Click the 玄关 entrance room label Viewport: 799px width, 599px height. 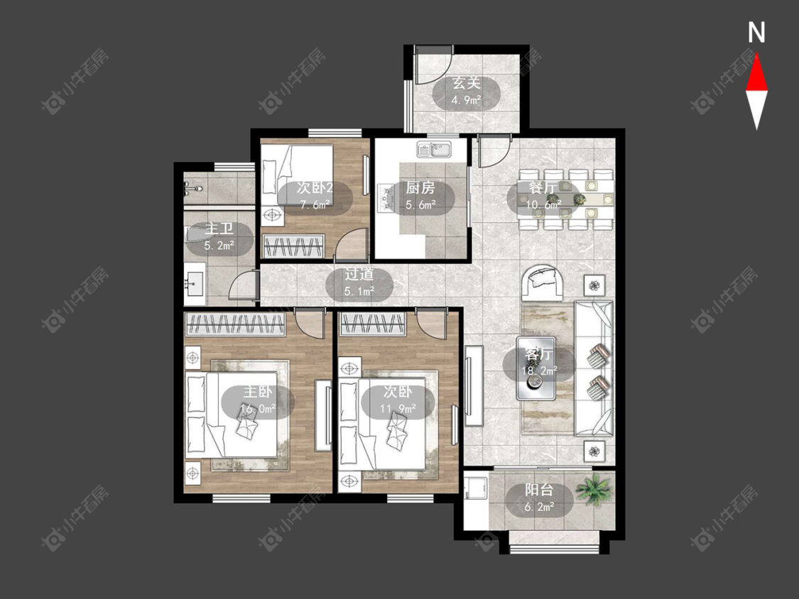pos(467,82)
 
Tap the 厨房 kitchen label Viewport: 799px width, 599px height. pos(420,188)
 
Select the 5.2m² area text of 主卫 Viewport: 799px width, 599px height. pos(219,246)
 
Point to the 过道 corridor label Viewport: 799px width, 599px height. pos(359,274)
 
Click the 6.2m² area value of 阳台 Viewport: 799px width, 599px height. pos(539,507)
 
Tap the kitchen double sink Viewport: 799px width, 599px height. pos(434,149)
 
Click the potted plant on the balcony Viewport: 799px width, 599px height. pos(593,490)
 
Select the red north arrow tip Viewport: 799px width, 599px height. pos(756,54)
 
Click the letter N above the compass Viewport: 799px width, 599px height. pos(756,33)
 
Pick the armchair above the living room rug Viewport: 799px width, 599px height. pos(543,283)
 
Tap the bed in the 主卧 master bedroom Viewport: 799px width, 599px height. pos(232,414)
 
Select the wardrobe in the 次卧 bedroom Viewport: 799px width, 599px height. pos(373,324)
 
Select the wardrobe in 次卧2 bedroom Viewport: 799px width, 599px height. pos(293,246)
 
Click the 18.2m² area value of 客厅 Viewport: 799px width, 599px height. pos(539,370)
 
